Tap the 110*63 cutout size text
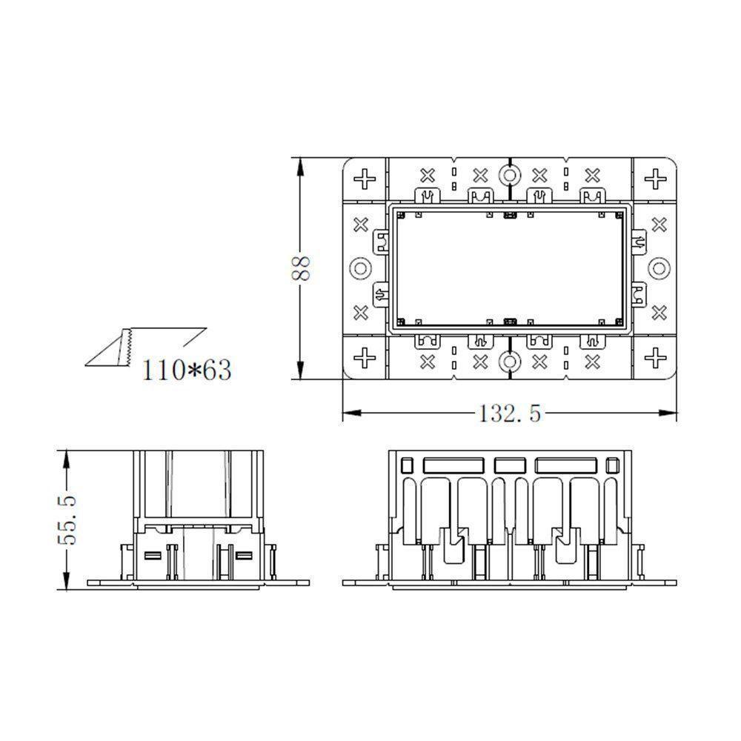tap(186, 368)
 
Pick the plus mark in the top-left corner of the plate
tap(365, 179)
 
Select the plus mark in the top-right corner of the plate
tap(654, 179)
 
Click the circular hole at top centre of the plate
tap(508, 176)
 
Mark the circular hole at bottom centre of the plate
tap(508, 362)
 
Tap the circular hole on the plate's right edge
tap(659, 268)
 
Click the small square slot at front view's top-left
tap(407, 466)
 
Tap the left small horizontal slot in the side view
tap(152, 555)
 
